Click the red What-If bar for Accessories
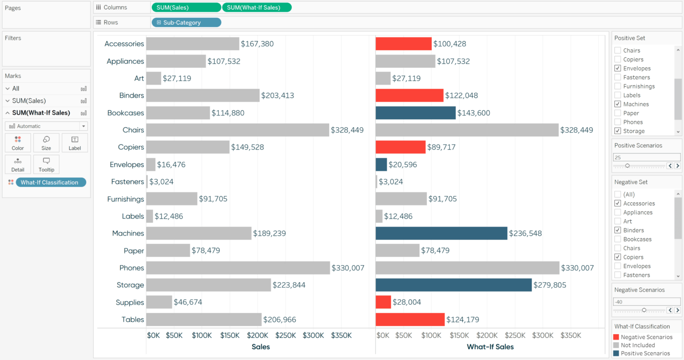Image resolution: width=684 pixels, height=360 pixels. point(403,44)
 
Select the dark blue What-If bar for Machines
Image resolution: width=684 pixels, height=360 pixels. point(441,233)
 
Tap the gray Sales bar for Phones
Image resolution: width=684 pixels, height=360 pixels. point(238,268)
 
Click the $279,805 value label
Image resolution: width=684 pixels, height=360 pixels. point(550,285)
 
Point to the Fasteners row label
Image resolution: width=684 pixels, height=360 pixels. point(127,182)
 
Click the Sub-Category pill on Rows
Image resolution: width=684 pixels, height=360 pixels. point(186,23)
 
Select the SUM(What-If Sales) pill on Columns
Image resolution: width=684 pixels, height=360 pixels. point(256,8)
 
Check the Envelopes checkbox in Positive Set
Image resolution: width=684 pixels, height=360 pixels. point(618,69)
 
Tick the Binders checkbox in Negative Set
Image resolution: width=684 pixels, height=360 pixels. point(618,231)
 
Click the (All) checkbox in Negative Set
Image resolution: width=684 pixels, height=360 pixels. point(618,194)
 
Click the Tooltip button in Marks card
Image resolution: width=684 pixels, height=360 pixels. point(46,164)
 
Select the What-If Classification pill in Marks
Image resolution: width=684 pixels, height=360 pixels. point(50,182)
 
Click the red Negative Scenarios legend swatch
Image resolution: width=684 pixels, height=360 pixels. point(616,337)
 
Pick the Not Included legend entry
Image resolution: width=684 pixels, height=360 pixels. point(638,345)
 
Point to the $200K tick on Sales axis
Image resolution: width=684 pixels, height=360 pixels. point(257,336)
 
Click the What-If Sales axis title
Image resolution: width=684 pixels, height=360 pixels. point(490,347)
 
